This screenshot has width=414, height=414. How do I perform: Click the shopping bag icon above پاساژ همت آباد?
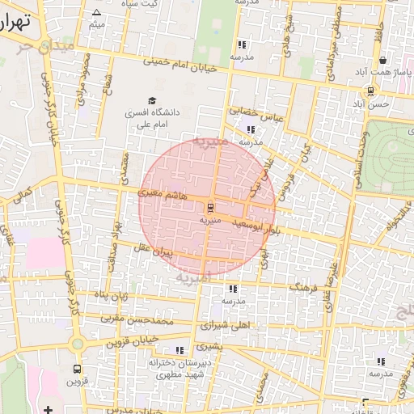click(x=382, y=60)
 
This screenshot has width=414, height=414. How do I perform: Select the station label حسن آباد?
click(x=377, y=103)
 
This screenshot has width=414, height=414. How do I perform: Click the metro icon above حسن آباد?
click(x=370, y=91)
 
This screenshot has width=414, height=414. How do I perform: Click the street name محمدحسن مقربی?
click(x=137, y=319)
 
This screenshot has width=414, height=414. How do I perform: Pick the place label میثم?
click(x=97, y=25)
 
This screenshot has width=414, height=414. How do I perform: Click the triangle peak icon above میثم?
click(x=97, y=13)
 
